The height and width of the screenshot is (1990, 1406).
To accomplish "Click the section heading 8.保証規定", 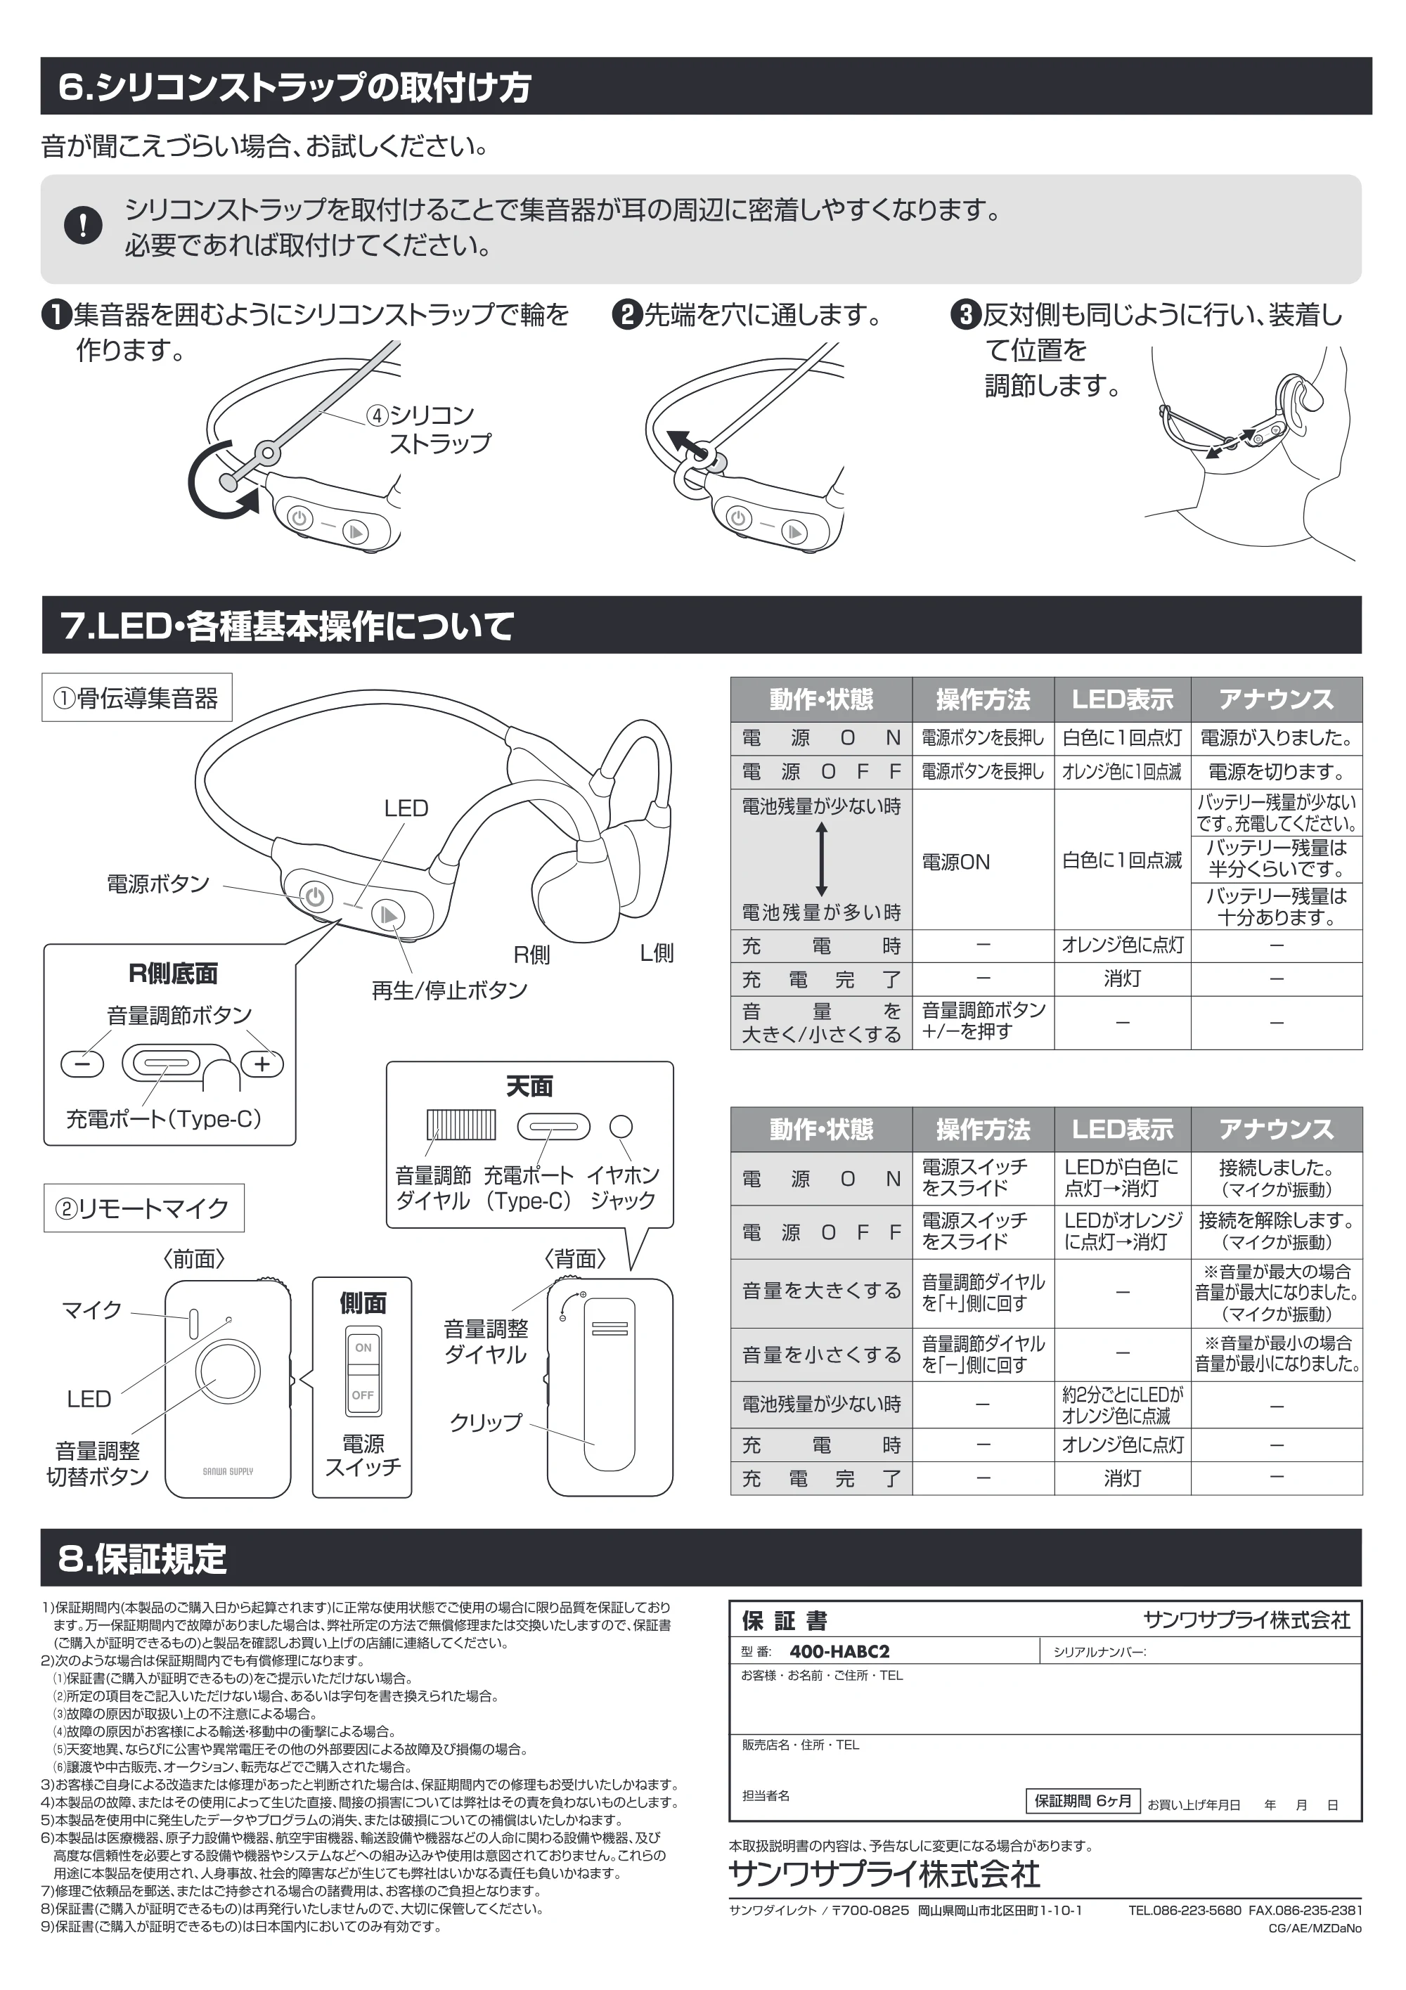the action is click(x=142, y=1558).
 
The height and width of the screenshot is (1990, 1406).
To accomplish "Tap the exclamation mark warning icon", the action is click(x=83, y=226).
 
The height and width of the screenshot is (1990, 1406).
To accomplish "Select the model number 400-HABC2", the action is click(x=839, y=1651).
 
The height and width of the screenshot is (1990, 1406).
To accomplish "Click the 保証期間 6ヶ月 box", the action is click(x=1083, y=1800).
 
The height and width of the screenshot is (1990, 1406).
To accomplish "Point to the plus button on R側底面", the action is click(x=262, y=1064).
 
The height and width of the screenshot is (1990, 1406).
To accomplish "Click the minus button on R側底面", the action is click(x=82, y=1064).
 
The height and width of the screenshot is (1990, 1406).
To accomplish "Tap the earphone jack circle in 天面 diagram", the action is click(x=621, y=1126).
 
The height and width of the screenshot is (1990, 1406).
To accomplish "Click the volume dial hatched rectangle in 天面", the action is click(x=461, y=1125).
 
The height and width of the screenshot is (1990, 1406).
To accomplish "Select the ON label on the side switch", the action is click(x=363, y=1347).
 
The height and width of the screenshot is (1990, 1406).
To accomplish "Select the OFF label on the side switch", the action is click(x=363, y=1395).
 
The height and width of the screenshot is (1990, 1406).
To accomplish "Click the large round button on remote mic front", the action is click(x=228, y=1371).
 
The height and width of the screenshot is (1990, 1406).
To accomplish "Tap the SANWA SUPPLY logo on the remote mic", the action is click(x=228, y=1471).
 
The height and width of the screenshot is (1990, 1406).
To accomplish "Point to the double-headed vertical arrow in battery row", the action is click(x=822, y=859).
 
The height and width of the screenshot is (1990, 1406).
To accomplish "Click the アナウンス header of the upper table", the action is click(x=1276, y=699).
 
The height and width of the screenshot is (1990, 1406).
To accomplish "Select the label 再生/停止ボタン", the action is click(x=449, y=990).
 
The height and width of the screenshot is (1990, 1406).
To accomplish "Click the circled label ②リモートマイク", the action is click(x=143, y=1208).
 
